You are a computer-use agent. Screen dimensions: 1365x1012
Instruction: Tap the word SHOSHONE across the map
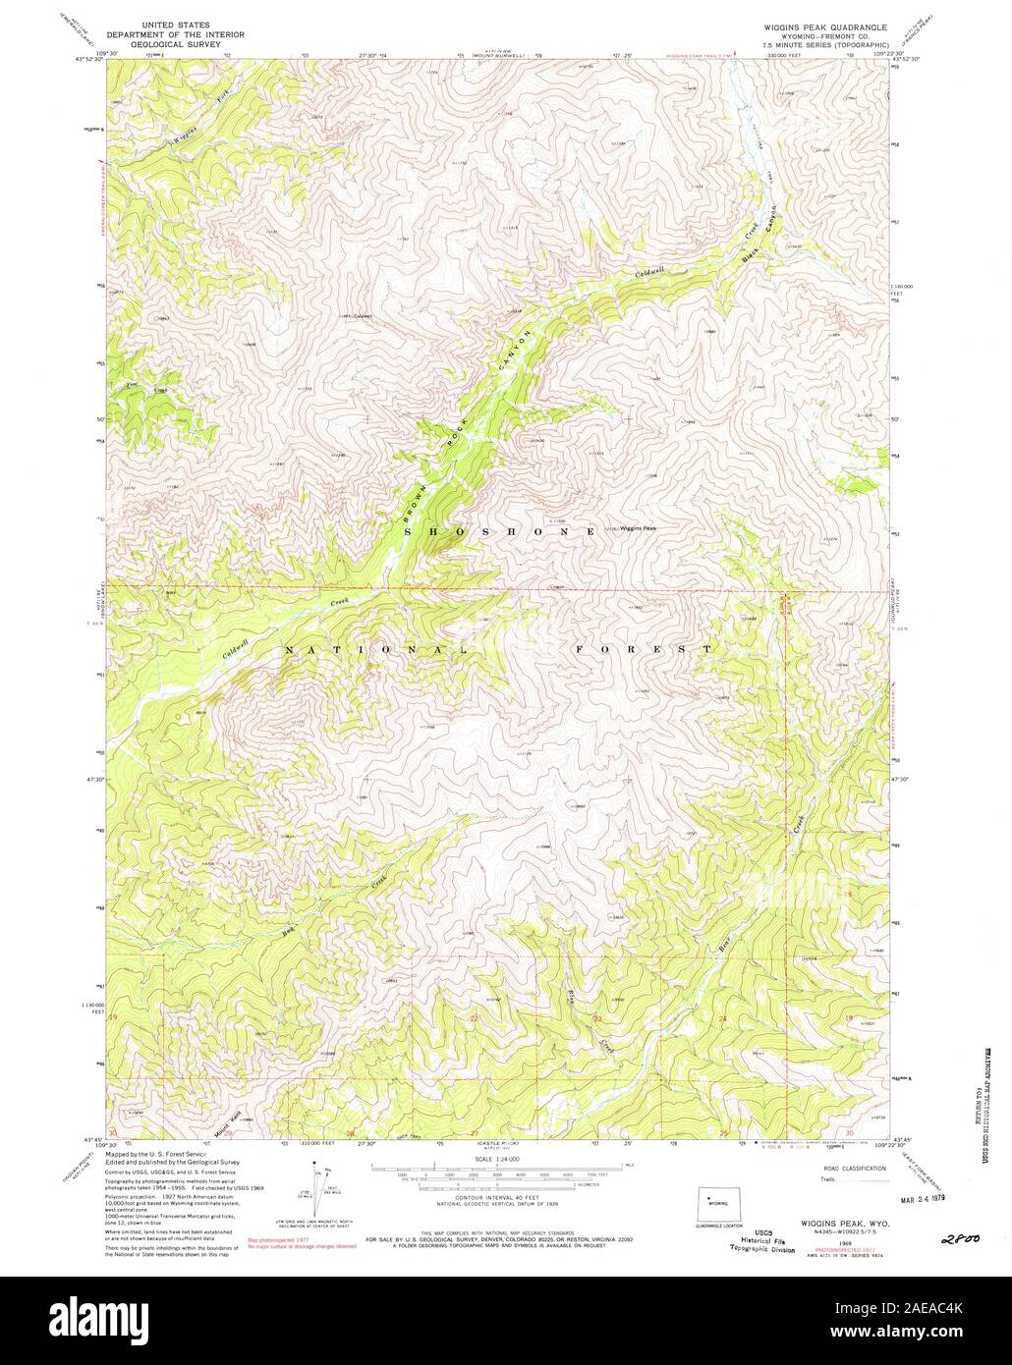(x=499, y=530)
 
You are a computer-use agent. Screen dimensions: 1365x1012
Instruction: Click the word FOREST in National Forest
(x=638, y=649)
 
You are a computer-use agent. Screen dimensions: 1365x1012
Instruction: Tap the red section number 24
(x=723, y=1019)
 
